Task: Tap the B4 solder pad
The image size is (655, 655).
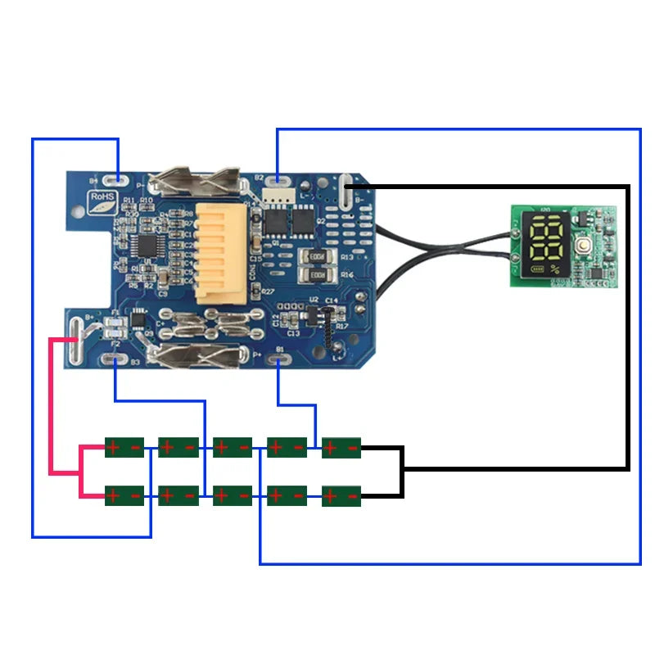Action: (x=120, y=177)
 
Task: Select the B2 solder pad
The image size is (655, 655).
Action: (x=279, y=177)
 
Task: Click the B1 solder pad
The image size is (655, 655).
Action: (x=279, y=359)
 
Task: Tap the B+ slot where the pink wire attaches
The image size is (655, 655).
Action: (x=76, y=341)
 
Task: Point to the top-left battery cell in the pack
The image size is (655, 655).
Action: (x=124, y=447)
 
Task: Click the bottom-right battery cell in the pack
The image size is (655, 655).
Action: (x=341, y=496)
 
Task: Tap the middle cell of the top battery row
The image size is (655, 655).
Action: (x=233, y=447)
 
